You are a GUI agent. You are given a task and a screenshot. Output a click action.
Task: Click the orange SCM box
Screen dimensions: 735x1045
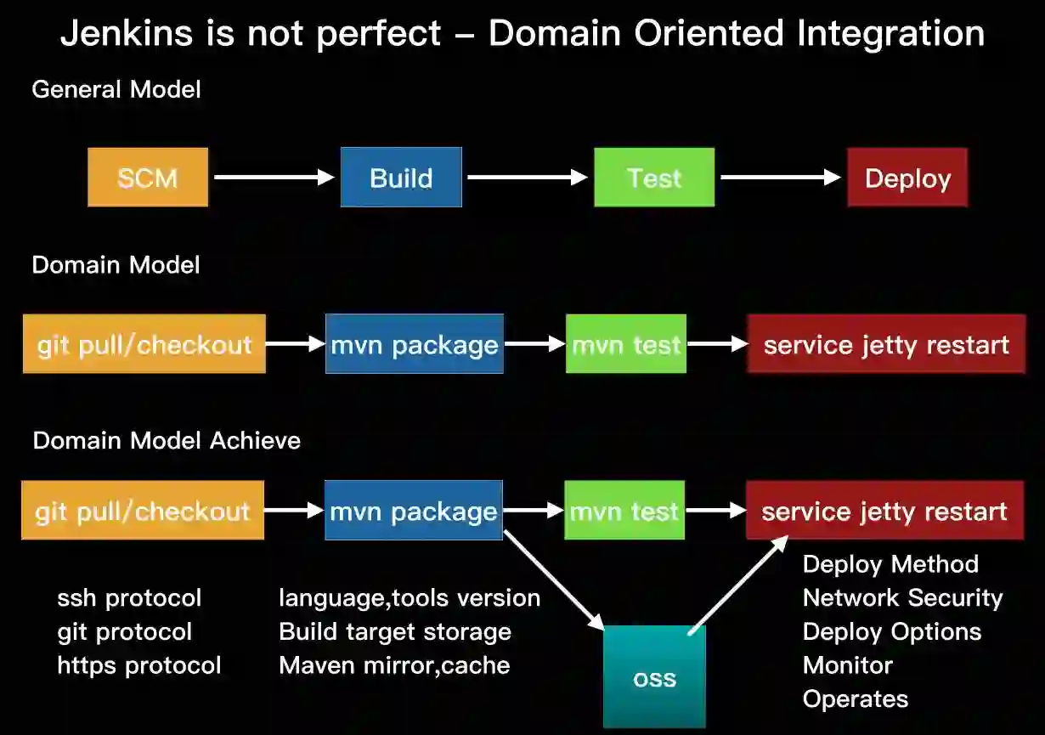click(x=148, y=178)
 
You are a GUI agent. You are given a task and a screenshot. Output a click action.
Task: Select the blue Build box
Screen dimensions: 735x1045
click(x=401, y=178)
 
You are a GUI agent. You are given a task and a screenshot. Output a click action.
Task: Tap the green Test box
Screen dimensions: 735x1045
click(x=654, y=178)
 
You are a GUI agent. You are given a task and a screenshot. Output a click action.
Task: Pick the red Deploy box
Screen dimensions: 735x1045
click(x=907, y=178)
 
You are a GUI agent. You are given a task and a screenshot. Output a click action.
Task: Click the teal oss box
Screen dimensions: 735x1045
click(x=654, y=677)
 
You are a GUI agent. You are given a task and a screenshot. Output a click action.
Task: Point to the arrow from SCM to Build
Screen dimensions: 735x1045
click(x=274, y=177)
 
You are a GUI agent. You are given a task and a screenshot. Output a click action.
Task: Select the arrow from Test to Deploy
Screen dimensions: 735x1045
click(x=780, y=177)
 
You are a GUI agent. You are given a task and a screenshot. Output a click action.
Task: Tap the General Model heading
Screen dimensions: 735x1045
click(x=116, y=89)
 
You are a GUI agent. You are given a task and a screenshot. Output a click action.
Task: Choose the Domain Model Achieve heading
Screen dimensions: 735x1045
click(x=167, y=440)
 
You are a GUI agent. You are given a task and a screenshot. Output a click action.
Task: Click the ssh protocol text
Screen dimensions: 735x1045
click(x=129, y=598)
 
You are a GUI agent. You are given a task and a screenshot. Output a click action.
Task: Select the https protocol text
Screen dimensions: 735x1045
click(x=139, y=665)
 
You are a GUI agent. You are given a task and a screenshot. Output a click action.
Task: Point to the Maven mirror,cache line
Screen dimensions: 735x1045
click(x=394, y=665)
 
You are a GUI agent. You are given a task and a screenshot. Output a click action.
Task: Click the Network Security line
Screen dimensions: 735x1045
click(x=902, y=598)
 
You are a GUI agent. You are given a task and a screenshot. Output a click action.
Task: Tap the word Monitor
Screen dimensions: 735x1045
click(x=847, y=665)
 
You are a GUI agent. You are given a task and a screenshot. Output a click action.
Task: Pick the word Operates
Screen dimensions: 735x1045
click(x=856, y=699)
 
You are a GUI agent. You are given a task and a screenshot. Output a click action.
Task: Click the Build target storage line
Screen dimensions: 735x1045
click(x=395, y=632)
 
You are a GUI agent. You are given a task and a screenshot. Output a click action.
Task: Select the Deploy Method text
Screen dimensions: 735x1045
click(x=890, y=564)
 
